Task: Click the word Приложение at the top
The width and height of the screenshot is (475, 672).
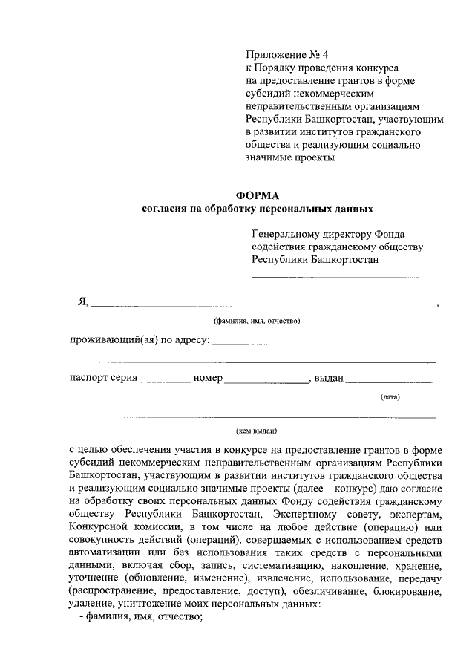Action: point(273,55)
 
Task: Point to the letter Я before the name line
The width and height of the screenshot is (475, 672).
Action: point(83,301)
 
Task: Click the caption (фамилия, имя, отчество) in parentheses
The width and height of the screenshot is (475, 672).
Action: point(257,322)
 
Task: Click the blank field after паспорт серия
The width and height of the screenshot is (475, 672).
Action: point(165,379)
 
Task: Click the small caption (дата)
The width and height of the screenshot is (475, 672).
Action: point(390,397)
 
